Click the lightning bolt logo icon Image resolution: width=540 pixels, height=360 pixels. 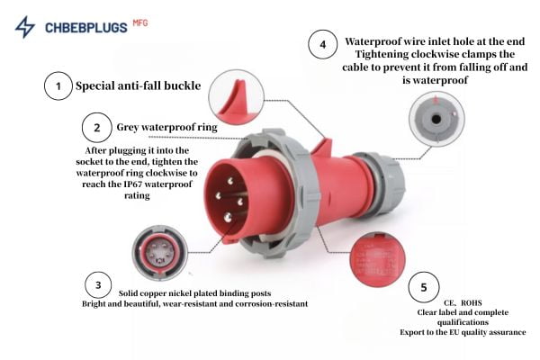[x=25, y=27]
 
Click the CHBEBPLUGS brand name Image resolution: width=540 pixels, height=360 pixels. [x=86, y=28]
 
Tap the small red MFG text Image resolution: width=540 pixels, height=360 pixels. [x=140, y=23]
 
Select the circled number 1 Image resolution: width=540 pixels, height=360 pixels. [x=58, y=85]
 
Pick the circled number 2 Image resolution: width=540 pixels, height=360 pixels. [x=97, y=128]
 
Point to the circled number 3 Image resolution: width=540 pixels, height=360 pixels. [x=98, y=285]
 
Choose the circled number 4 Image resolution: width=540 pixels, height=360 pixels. [x=323, y=44]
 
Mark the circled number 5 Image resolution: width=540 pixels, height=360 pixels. [x=424, y=287]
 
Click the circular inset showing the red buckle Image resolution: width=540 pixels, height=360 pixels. [x=236, y=97]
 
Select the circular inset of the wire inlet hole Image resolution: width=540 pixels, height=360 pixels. [x=436, y=119]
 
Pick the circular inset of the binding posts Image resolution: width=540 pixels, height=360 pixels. [x=160, y=253]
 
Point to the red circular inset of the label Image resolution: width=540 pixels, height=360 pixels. [x=377, y=260]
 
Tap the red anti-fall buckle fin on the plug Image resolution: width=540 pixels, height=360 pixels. [x=323, y=148]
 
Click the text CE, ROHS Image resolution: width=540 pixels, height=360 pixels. [x=463, y=302]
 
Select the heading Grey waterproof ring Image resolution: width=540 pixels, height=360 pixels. [x=167, y=128]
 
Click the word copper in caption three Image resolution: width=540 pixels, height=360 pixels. [x=153, y=293]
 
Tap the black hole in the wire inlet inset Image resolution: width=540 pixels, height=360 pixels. [x=436, y=119]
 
